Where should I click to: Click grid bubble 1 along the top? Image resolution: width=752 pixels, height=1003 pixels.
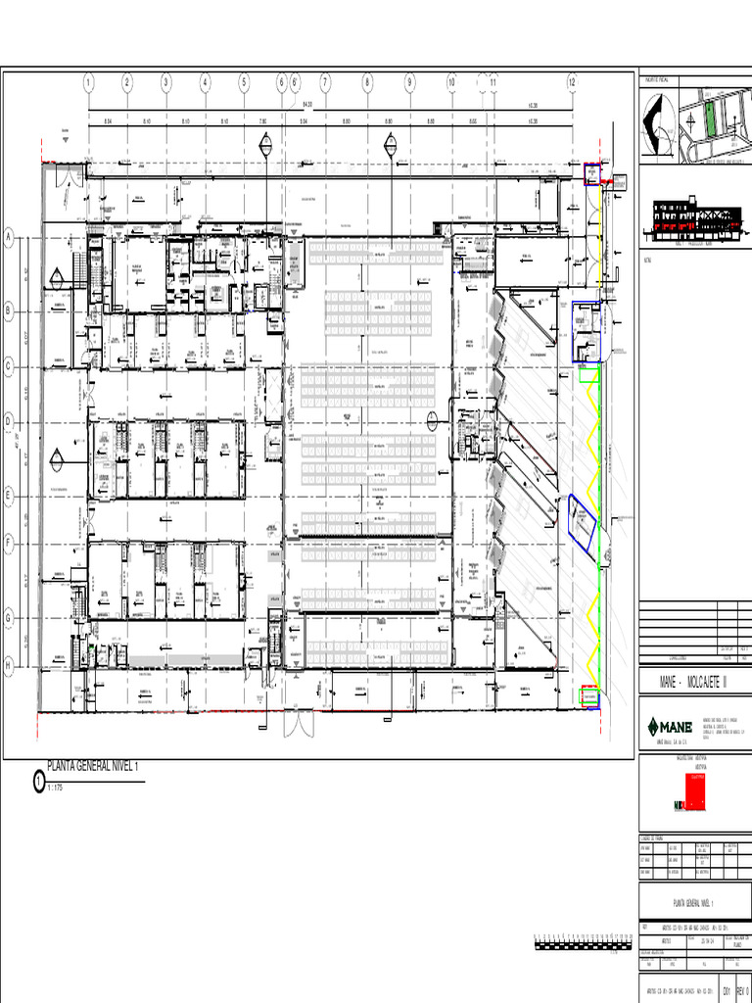coord(88,82)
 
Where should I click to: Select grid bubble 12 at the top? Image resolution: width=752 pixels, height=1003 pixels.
coord(571,82)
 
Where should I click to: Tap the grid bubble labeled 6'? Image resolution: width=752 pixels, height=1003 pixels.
coord(294,82)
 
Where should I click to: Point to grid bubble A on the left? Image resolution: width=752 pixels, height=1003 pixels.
coord(9,237)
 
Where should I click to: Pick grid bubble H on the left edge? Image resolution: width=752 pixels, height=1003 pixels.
coord(9,665)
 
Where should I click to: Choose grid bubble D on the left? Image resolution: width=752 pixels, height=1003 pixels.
coord(9,421)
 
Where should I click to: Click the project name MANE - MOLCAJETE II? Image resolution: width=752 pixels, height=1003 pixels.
coord(694,679)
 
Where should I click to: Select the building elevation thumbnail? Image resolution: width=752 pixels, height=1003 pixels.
coord(695,221)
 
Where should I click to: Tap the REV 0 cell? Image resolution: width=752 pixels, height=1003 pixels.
coord(741,991)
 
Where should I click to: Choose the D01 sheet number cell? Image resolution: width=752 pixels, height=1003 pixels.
coord(727,991)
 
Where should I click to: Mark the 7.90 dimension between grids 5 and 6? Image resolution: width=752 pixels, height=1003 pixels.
coord(261,122)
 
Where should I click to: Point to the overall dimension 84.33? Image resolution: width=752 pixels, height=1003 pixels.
coord(307,104)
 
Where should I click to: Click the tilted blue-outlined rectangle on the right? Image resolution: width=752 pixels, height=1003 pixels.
coord(582,518)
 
